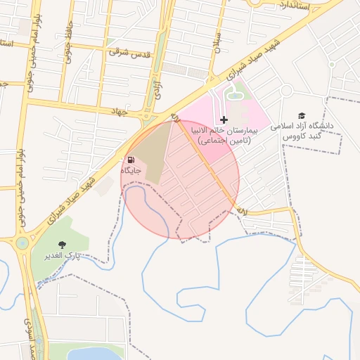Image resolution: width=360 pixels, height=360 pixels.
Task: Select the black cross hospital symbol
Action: coord(224,121)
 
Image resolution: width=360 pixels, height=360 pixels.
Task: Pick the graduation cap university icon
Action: coord(302,115)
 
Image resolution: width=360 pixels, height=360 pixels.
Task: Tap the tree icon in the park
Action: coord(64,244)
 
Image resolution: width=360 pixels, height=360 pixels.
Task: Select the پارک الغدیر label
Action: coord(64,255)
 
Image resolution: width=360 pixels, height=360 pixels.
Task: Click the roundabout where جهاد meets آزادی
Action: coord(146,115)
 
